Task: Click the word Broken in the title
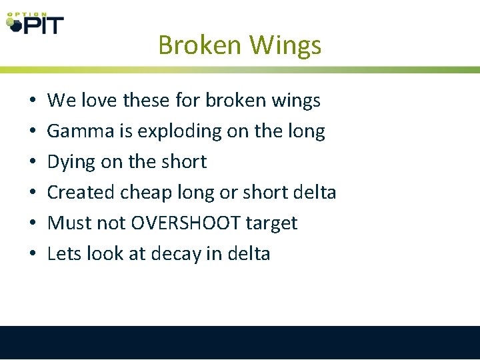click(x=200, y=45)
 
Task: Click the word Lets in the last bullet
click(x=62, y=254)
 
